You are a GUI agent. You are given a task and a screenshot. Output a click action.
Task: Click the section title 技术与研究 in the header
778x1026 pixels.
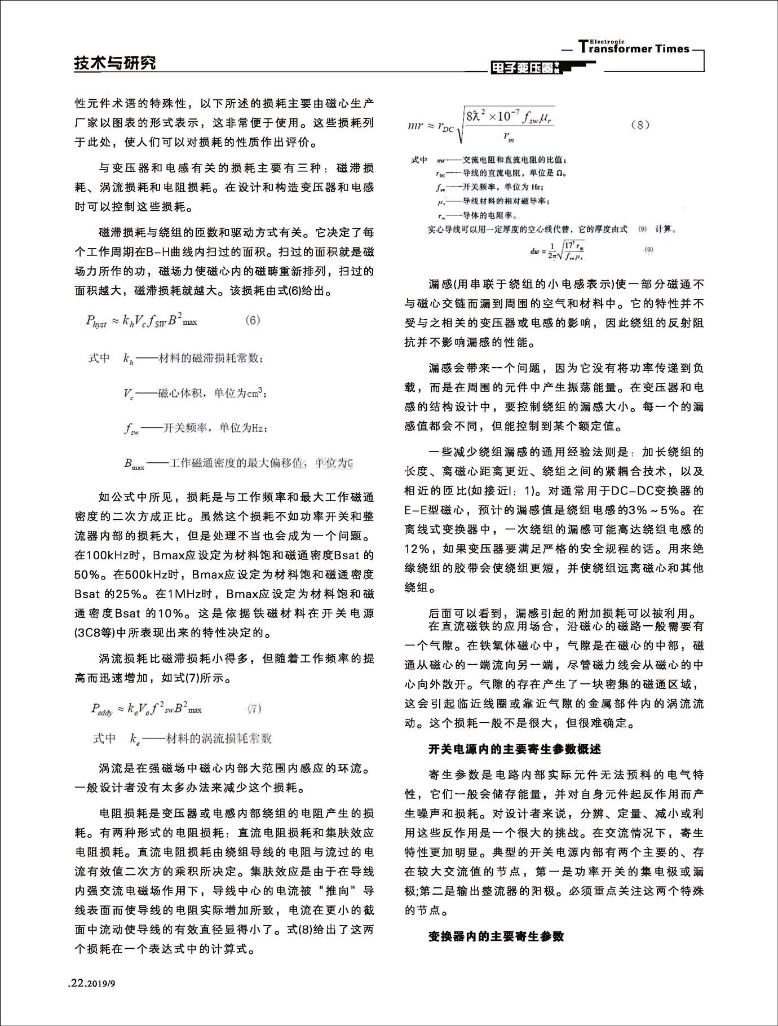tap(115, 63)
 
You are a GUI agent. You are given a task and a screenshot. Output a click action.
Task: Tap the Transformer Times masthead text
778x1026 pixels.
tap(634, 48)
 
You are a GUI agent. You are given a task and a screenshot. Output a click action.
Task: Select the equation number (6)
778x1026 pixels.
tap(253, 320)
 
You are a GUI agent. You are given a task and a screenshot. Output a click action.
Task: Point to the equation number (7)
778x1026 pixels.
tap(254, 709)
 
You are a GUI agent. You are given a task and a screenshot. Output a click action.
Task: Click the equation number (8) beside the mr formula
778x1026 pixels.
tap(640, 125)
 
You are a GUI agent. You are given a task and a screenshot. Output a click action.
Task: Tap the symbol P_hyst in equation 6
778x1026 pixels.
tap(96, 321)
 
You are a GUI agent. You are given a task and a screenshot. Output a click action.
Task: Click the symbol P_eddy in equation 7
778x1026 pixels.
tap(102, 710)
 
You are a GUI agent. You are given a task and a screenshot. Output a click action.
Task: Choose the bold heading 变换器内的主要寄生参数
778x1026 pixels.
tap(496, 936)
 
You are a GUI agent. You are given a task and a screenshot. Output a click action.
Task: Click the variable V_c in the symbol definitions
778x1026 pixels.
tap(129, 393)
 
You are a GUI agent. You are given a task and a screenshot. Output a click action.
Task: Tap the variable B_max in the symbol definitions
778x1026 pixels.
tap(134, 464)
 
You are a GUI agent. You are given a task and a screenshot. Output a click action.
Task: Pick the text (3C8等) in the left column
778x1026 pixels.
tap(95, 633)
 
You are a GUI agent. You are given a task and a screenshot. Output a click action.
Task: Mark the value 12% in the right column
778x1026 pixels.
tap(417, 549)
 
